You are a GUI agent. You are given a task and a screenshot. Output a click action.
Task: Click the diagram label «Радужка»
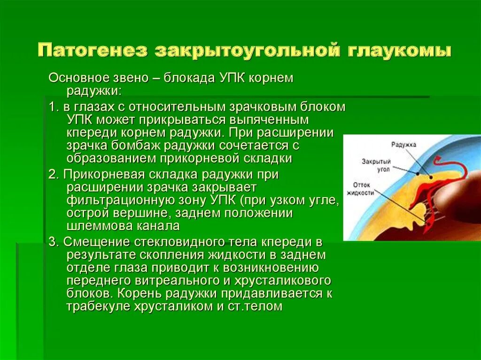pyautogui.click(x=404, y=145)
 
